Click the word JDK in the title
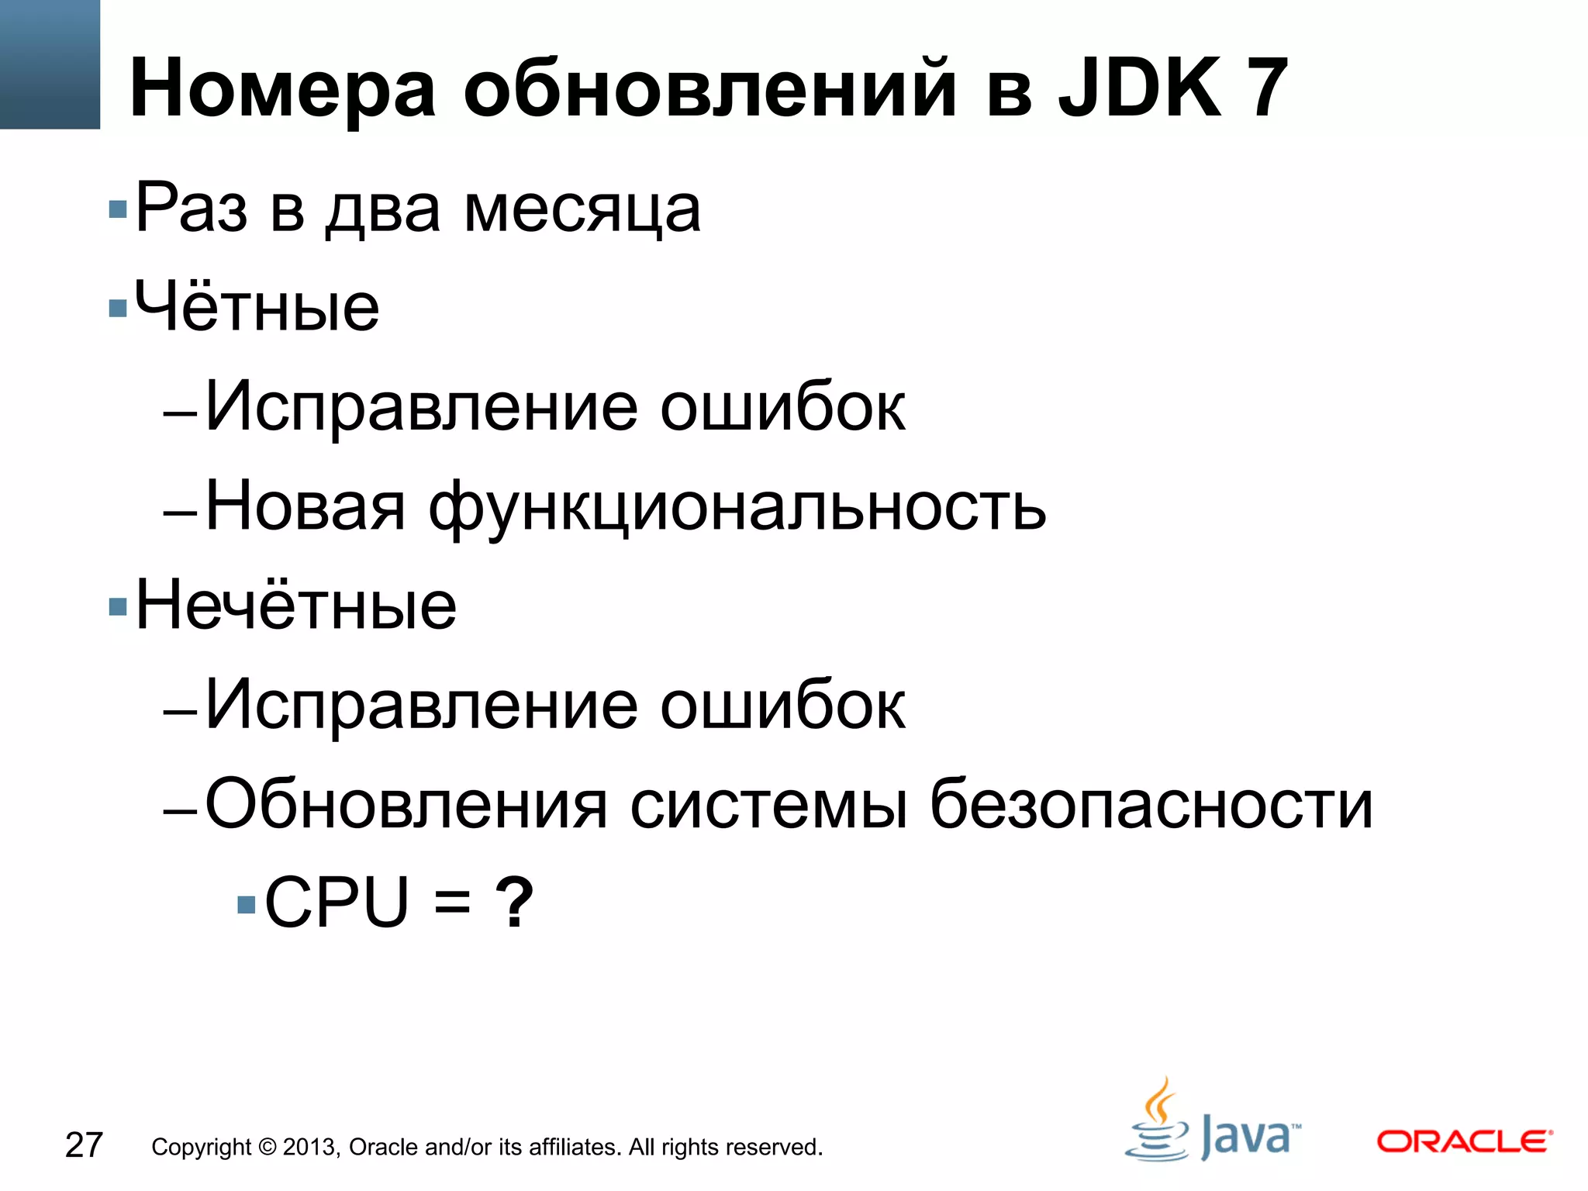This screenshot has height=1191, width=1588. point(1141,88)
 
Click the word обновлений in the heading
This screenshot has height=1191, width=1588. point(709,88)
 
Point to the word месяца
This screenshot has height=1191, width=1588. point(582,209)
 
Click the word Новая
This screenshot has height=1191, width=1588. point(306,507)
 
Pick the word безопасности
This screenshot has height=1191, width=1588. point(1151,805)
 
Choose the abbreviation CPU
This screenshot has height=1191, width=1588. point(337,902)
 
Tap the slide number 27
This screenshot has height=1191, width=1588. point(84,1145)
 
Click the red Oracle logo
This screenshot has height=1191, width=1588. point(1464,1141)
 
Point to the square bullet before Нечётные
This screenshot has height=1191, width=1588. point(118,606)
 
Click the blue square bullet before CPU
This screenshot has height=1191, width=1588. point(246,904)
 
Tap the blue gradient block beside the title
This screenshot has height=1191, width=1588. point(50,64)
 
